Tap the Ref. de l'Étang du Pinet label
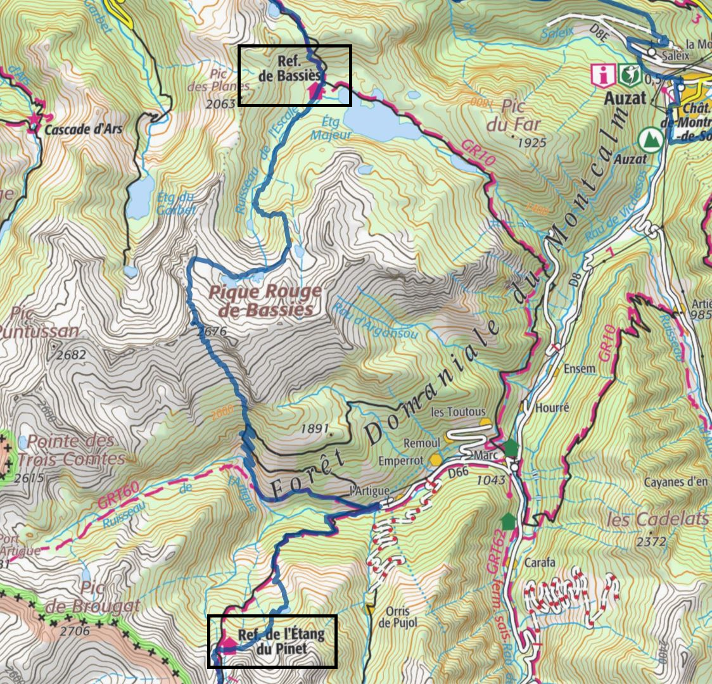(281, 642)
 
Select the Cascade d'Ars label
(83, 129)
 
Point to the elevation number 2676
(212, 331)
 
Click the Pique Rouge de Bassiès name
(265, 301)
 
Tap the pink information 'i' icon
(602, 75)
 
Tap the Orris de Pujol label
(398, 617)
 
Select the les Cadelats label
(657, 519)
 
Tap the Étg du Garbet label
(175, 203)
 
